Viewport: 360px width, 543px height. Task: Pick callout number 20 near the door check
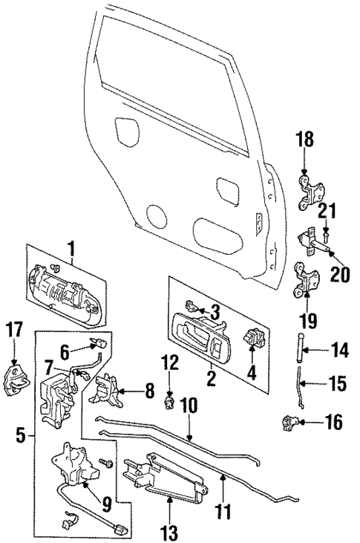(340, 274)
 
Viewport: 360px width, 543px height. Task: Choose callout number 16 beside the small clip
(334, 424)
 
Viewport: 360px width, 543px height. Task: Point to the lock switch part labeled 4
(255, 339)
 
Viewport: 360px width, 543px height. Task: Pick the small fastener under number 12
(170, 402)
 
